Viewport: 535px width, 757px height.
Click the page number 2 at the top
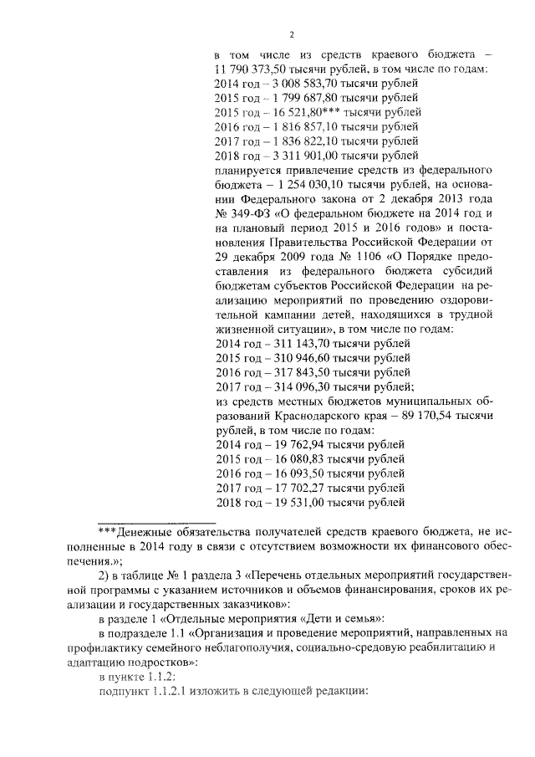[x=292, y=34]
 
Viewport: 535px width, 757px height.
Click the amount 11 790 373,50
[x=251, y=69]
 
